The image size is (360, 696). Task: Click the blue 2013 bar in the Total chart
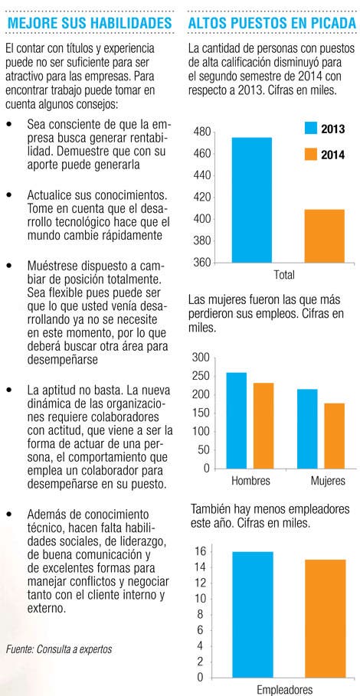coord(252,200)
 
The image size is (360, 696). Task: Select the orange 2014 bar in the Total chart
coord(325,236)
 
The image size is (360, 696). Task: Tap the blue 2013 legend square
coord(310,129)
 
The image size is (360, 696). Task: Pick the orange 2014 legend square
coord(310,155)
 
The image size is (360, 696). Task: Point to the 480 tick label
coord(202,132)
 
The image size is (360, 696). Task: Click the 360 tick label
coord(202,263)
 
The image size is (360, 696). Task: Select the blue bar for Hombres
coord(237,420)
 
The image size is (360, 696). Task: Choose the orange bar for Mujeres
coord(334,436)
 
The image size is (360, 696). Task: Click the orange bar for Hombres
coord(263,425)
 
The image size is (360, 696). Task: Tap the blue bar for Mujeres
coord(307,428)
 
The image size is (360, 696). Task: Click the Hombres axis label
coord(250,481)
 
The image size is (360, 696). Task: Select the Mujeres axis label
coord(328,481)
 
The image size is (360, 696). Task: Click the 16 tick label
coord(201,552)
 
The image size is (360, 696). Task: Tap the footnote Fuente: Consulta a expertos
coord(59,649)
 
